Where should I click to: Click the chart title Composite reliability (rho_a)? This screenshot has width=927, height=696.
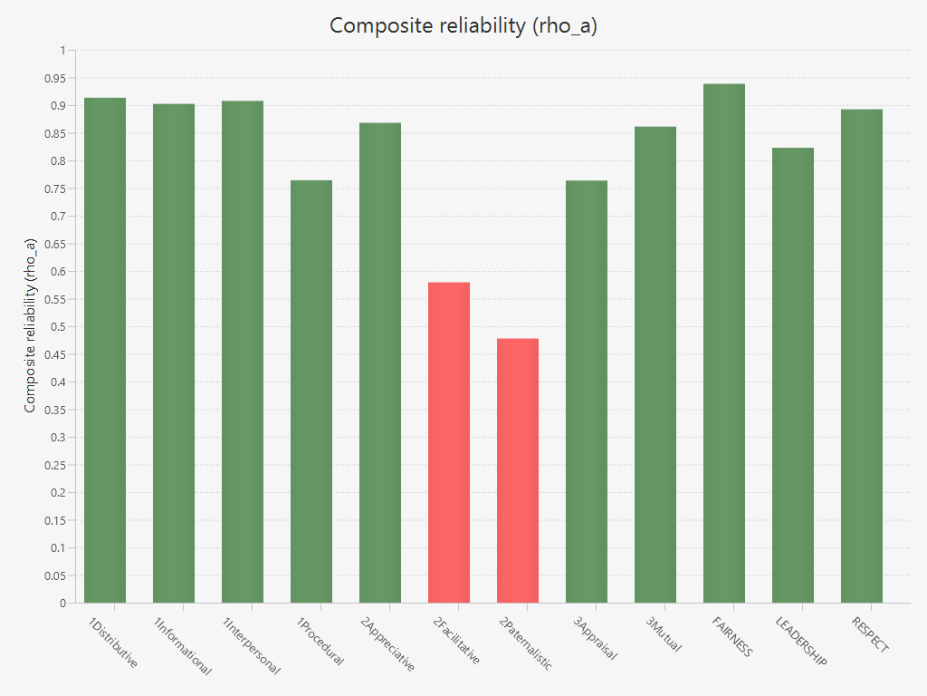pos(463,25)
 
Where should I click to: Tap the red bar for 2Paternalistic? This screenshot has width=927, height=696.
pos(518,470)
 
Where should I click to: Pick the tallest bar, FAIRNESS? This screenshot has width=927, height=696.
pos(724,343)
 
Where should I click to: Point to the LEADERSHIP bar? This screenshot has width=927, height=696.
pos(793,375)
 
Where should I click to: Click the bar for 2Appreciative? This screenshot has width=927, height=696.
pos(380,362)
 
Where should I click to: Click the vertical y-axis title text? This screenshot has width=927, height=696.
pos(31,326)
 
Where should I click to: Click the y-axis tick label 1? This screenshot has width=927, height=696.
pos(62,51)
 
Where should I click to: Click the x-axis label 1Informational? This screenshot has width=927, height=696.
pos(182,646)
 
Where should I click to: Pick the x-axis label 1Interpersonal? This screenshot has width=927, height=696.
pos(251,646)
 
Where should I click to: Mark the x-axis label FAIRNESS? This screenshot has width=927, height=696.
pos(731,637)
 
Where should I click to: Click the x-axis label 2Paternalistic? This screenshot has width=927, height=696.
pos(525,644)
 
